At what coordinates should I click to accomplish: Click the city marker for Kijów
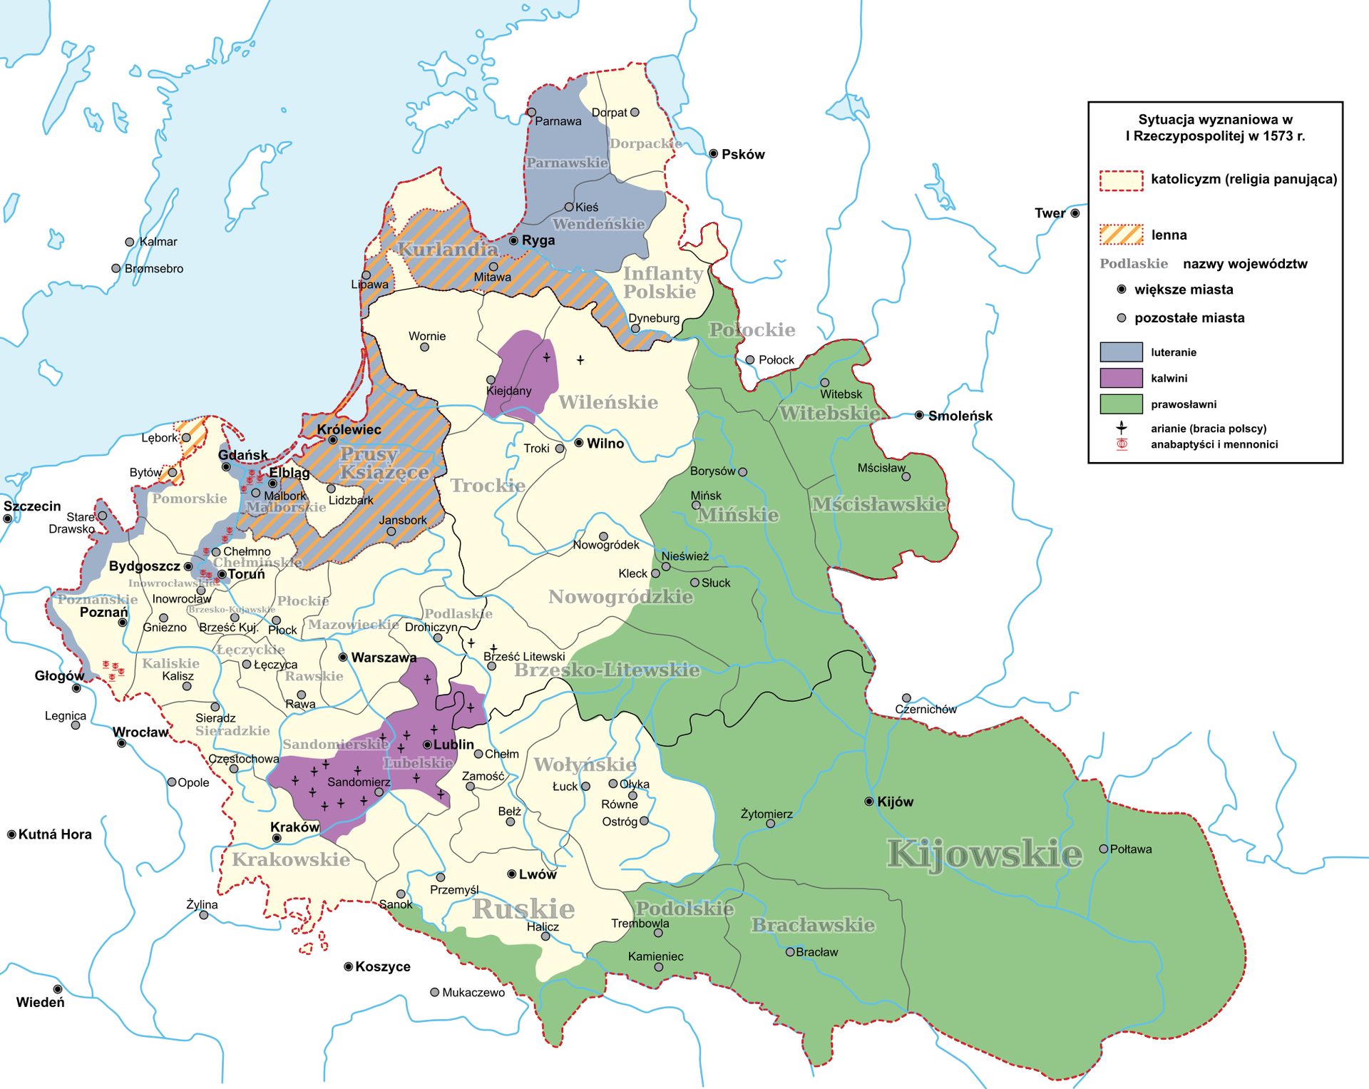point(868,802)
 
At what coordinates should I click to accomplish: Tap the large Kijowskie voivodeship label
point(984,854)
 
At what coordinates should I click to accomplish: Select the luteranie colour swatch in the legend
point(1121,352)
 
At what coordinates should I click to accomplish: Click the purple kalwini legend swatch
point(1121,378)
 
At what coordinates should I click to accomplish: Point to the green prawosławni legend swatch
point(1121,404)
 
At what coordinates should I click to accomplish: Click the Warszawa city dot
point(343,657)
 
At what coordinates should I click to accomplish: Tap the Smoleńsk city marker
point(919,415)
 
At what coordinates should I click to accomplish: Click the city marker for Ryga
point(513,240)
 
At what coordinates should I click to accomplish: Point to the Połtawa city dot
point(1103,849)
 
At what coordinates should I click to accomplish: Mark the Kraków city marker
point(277,838)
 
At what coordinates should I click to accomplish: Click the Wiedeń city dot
point(58,989)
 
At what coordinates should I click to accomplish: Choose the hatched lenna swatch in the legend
point(1121,235)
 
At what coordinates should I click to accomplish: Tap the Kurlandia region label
point(447,250)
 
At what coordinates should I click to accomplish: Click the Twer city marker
point(1075,213)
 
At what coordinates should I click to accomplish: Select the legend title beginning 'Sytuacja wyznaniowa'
point(1215,128)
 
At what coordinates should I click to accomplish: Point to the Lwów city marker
point(511,874)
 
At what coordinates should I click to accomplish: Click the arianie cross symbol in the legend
point(1122,428)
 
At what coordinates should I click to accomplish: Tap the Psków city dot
point(713,154)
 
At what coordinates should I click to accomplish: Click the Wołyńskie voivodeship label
point(585,765)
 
